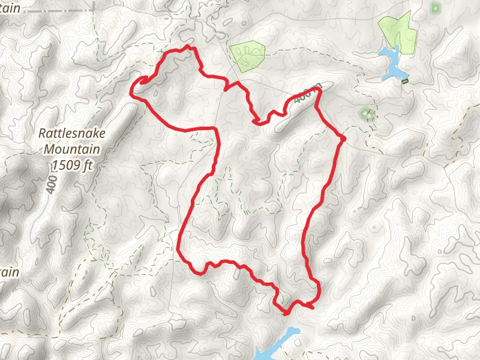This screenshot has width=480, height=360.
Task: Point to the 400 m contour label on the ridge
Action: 308,94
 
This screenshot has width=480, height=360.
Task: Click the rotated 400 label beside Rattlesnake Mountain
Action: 52,181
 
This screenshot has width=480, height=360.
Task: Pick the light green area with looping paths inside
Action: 247,56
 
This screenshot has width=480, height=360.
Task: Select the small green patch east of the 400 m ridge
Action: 366,113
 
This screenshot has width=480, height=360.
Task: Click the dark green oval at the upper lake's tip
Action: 405,80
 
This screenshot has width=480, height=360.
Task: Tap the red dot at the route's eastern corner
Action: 343,139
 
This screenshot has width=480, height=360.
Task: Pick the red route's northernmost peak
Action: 190,46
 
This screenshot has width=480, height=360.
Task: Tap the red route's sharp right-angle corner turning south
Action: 215,128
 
